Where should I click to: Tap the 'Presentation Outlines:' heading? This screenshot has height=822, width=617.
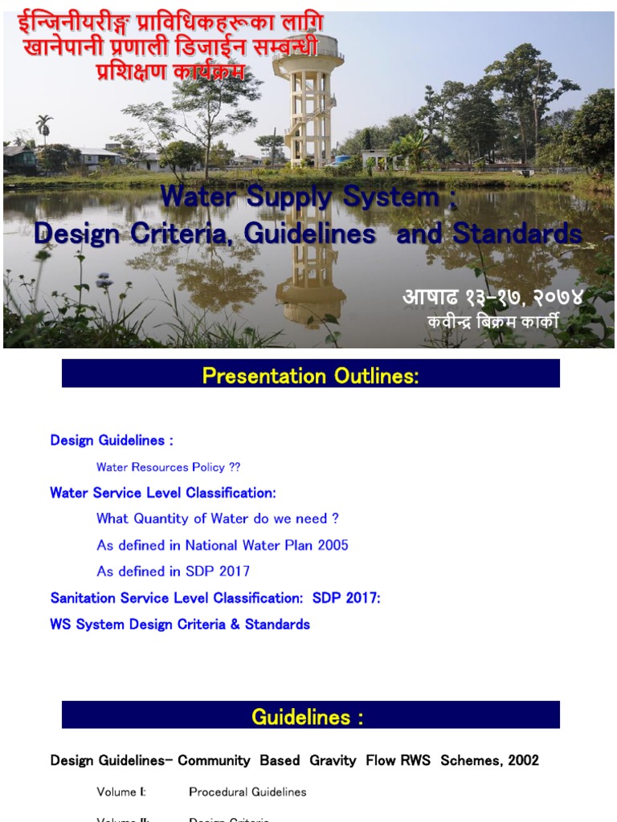click(x=310, y=376)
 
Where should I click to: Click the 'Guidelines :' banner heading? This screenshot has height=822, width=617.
click(x=308, y=717)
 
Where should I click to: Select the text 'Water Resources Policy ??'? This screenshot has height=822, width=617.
click(x=168, y=467)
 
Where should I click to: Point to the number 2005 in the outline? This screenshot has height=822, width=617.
click(x=332, y=545)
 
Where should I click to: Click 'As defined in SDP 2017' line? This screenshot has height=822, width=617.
click(x=173, y=572)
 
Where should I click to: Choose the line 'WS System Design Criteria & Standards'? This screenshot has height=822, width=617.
click(x=180, y=625)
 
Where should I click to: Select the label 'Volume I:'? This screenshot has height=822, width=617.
click(x=121, y=792)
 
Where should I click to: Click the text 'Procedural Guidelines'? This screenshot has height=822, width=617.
click(x=247, y=792)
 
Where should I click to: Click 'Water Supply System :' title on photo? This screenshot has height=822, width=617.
click(x=309, y=197)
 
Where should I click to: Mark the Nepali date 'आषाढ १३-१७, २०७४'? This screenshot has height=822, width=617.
click(x=492, y=297)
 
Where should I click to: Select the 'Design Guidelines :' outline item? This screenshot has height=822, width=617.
click(x=112, y=440)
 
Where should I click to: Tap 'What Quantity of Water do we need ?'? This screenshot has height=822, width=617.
click(x=218, y=519)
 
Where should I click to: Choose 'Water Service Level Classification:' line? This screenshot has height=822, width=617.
click(x=163, y=493)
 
